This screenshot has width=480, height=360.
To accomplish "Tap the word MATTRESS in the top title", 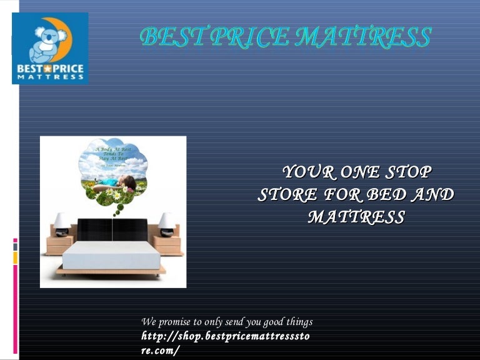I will tap(362, 37).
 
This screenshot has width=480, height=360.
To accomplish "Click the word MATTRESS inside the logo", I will tap(50, 76).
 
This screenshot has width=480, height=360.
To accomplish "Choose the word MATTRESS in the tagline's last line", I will tap(356, 218).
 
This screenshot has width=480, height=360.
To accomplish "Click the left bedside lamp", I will tap(62, 222).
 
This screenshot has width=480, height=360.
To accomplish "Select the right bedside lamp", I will tap(166, 222).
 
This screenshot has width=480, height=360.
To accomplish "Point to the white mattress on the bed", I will tap(112, 255).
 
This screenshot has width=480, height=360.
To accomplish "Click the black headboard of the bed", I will tap(112, 229).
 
